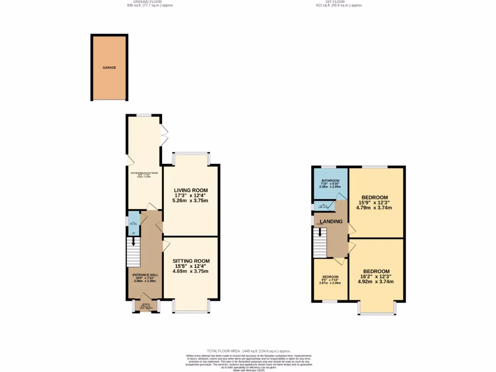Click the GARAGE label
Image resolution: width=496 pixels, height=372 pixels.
coord(109,68)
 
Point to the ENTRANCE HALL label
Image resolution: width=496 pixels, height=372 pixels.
coord(146,275)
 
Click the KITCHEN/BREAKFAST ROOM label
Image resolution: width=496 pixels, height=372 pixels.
coord(143,173)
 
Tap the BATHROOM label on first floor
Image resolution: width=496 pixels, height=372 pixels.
coord(330,181)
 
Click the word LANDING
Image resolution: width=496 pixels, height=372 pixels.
coord(331,221)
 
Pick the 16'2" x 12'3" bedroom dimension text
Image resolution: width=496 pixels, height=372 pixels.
coord(376,276)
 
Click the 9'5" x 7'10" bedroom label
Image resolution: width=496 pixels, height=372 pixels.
coord(330,279)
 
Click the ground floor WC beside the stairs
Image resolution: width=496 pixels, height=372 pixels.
coord(133,223)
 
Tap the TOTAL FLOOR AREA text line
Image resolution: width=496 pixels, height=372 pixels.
coord(248,351)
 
